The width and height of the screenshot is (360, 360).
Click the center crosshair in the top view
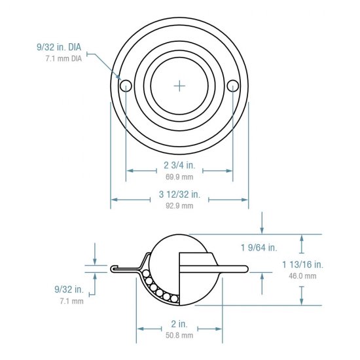[180, 86]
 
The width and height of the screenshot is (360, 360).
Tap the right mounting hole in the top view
[233, 86]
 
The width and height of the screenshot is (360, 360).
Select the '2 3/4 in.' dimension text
[178, 166]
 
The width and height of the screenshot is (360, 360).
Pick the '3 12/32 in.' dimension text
[179, 194]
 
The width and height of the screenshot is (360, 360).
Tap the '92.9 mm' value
[179, 206]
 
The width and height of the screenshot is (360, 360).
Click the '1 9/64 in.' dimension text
[259, 247]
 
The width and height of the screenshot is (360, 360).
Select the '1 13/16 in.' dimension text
[302, 264]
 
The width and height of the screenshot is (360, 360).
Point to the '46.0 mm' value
[302, 276]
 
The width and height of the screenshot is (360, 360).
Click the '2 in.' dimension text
[179, 324]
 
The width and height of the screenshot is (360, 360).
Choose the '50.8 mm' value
[179, 336]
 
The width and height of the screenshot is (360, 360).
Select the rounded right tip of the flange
[246, 268]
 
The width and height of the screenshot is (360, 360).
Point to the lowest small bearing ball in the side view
[175, 299]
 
